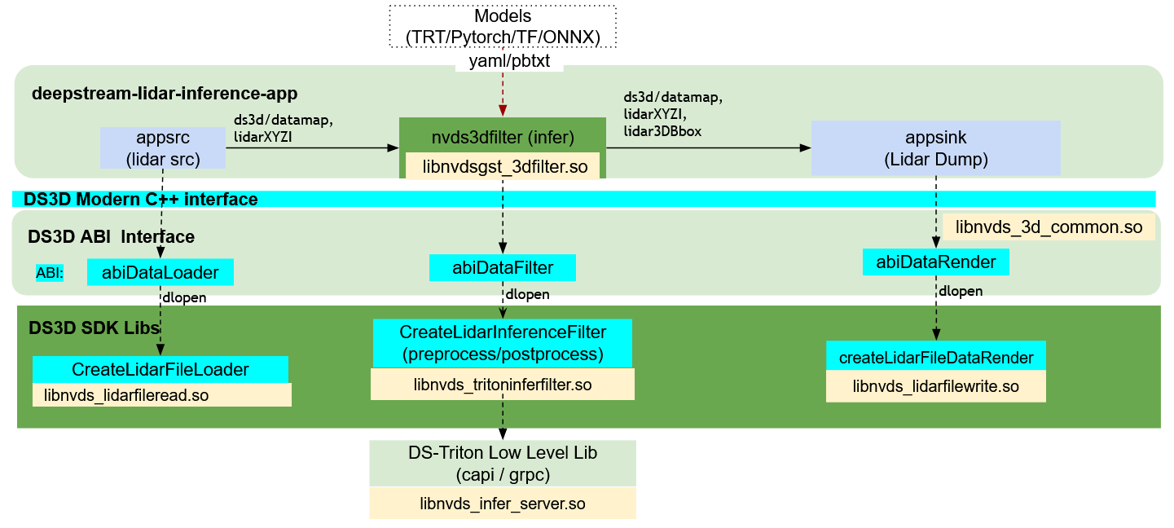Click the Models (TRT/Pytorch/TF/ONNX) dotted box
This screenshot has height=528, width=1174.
tap(503, 26)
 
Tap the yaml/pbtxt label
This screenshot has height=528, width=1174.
tap(509, 62)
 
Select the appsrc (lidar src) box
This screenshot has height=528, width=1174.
tap(163, 147)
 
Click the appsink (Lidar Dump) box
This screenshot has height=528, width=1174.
tap(935, 147)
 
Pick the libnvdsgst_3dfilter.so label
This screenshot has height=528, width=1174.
tap(502, 165)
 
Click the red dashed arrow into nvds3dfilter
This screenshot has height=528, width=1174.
tap(503, 94)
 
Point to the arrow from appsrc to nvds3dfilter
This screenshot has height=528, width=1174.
tap(310, 147)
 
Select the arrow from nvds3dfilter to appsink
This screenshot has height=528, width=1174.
tap(709, 147)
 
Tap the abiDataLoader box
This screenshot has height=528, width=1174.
tap(160, 272)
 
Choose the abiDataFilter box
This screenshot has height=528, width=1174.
tap(502, 267)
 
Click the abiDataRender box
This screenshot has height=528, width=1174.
tap(935, 262)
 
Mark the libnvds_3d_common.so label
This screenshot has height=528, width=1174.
tap(1049, 227)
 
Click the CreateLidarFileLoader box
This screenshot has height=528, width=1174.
tap(160, 369)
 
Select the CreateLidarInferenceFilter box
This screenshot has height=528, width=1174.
tap(502, 343)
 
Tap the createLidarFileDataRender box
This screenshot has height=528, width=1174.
tap(935, 357)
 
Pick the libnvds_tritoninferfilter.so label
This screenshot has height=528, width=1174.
tap(502, 385)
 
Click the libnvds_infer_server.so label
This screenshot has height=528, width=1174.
tap(502, 504)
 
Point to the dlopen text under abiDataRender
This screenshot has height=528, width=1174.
tap(960, 291)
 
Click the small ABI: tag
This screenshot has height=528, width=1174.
tap(50, 273)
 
